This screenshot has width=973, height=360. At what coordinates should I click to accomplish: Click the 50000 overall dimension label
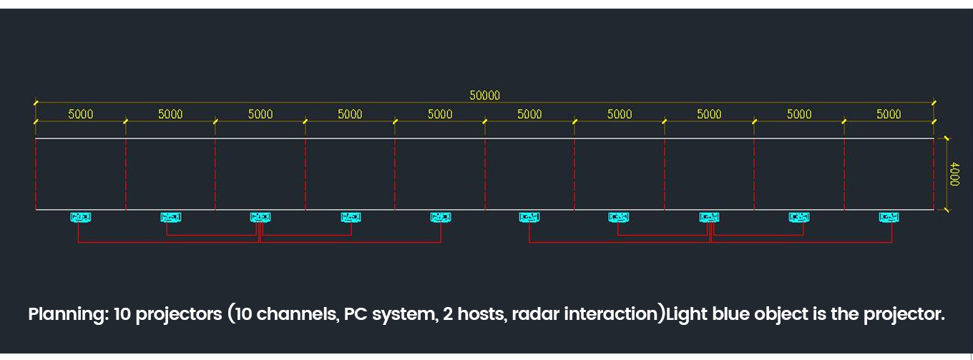click(x=484, y=95)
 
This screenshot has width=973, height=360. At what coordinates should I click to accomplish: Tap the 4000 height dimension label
click(x=954, y=174)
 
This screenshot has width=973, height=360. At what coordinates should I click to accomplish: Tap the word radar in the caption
click(x=529, y=315)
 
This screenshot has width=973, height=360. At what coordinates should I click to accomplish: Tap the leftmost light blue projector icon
click(x=80, y=217)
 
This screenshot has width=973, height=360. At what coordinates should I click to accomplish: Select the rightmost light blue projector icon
click(x=889, y=217)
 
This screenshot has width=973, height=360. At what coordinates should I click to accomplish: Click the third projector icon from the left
click(x=260, y=217)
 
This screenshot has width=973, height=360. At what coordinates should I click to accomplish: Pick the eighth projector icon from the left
click(x=709, y=217)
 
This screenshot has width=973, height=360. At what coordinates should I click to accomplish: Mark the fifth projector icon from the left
click(x=440, y=217)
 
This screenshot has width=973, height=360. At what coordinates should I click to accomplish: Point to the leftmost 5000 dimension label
click(x=80, y=114)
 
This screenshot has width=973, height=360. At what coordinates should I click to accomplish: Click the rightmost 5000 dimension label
click(x=889, y=114)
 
